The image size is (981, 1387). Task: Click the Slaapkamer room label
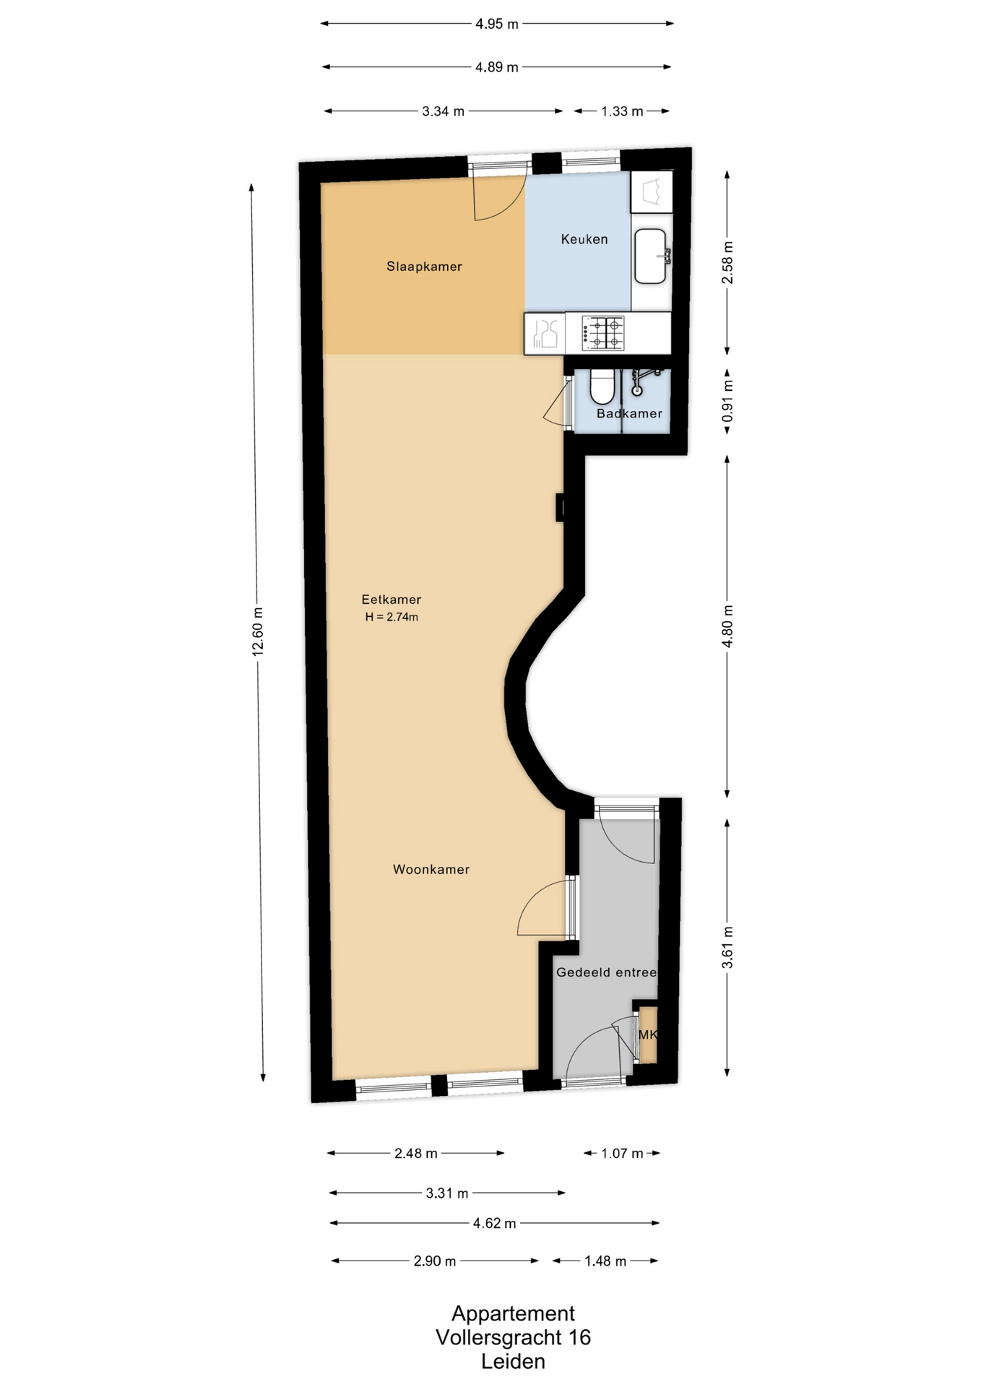pos(424,267)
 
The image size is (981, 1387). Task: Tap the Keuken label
pos(584,239)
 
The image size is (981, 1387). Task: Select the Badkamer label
pos(629,413)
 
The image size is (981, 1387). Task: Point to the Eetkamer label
pos(391,600)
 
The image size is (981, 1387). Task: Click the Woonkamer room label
pos(431,870)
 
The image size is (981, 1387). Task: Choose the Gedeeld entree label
pos(607,972)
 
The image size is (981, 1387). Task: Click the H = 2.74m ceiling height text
pos(392,617)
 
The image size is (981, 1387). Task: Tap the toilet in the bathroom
pos(601,387)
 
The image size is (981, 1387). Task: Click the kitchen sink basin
pos(650,256)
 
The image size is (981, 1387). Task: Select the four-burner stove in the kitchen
pos(602,333)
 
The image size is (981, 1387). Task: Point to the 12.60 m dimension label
pos(258,632)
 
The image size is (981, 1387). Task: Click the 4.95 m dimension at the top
pos(497,24)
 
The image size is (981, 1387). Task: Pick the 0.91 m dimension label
pos(727,401)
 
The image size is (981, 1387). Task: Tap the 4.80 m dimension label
pos(727,626)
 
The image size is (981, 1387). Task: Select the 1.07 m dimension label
pos(622,1154)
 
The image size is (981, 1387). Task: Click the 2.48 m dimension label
pos(416,1154)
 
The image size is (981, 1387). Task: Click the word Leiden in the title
pos(514,1362)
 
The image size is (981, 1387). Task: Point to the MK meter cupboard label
pos(648,1034)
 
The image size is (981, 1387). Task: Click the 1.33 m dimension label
pos(622,111)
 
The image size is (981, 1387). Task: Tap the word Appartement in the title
pos(514,1314)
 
